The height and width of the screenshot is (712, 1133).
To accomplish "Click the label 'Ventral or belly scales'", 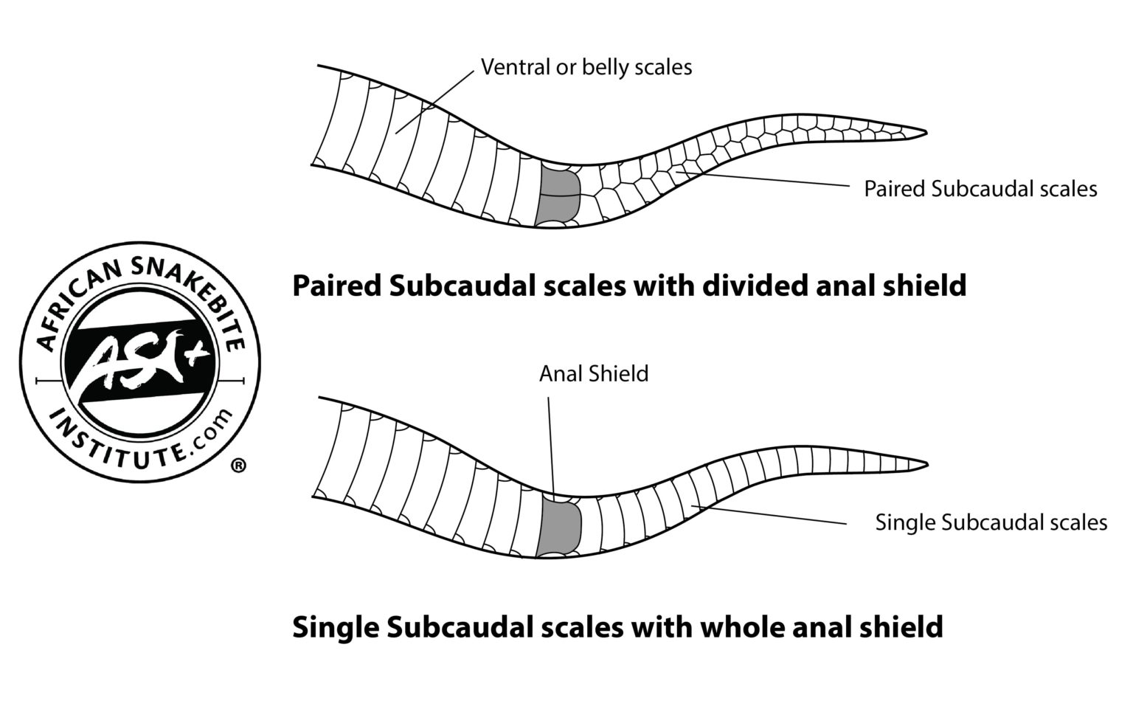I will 586,67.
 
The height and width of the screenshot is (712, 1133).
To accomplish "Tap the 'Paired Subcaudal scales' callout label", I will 980,189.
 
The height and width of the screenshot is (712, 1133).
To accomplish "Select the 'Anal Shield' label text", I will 593,373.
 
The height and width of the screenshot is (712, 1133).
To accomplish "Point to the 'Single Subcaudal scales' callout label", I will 991,522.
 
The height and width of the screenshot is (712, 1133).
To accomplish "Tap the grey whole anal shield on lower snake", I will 561,525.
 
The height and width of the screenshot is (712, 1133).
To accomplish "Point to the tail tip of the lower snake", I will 923,465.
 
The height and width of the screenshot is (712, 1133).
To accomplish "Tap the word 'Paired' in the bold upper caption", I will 335,286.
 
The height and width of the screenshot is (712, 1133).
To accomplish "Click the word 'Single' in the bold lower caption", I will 333,627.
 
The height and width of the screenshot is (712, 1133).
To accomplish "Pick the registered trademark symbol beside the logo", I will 238,466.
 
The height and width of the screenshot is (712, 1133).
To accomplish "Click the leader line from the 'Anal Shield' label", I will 550,443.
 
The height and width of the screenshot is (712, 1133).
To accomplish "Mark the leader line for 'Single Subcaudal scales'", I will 775,515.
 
